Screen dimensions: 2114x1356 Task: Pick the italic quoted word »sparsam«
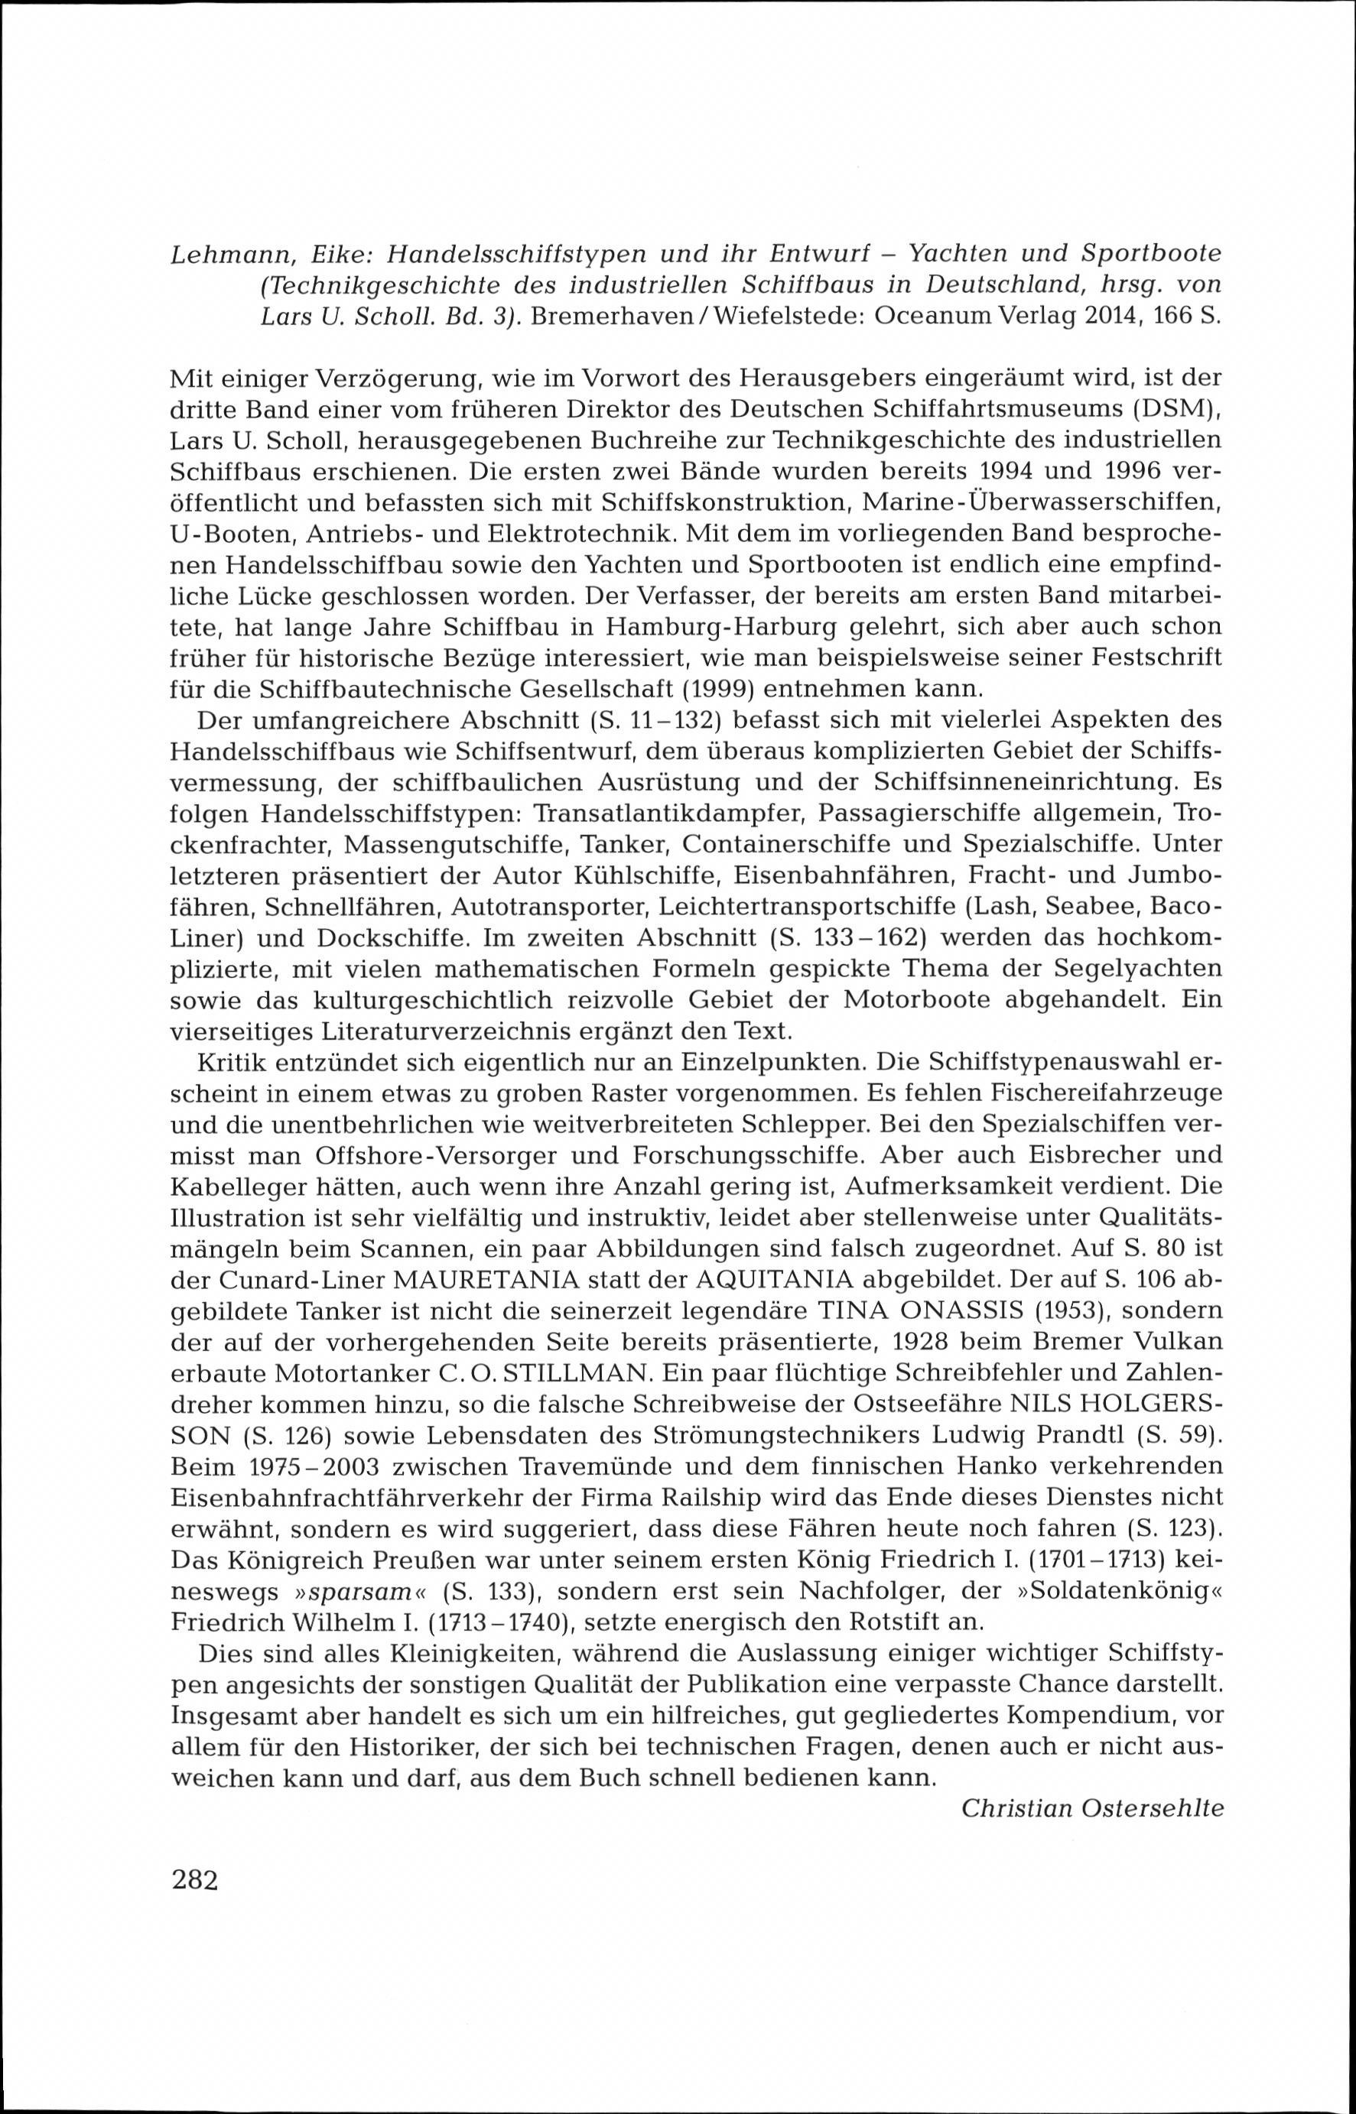361,1590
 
